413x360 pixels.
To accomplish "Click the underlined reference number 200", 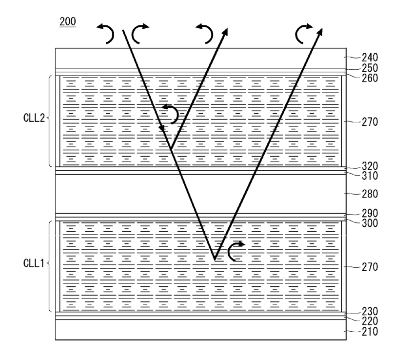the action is pyautogui.click(x=68, y=21).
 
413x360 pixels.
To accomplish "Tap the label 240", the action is pyautogui.click(x=370, y=58).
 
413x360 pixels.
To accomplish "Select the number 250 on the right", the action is pyautogui.click(x=370, y=68).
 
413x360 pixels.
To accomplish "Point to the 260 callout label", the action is pyautogui.click(x=370, y=78).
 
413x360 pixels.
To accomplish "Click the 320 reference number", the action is pyautogui.click(x=370, y=166).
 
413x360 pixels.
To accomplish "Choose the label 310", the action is pyautogui.click(x=370, y=176).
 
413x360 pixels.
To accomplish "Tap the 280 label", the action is pyautogui.click(x=370, y=194).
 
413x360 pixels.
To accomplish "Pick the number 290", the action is pyautogui.click(x=370, y=213).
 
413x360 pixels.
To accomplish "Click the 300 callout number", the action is pyautogui.click(x=370, y=223).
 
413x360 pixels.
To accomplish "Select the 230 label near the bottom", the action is pyautogui.click(x=370, y=312).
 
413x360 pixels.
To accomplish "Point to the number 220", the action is pyautogui.click(x=370, y=321).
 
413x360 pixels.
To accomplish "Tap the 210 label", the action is pyautogui.click(x=370, y=332).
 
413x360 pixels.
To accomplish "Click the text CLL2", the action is pyautogui.click(x=34, y=118).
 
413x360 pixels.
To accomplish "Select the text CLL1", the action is pyautogui.click(x=34, y=263).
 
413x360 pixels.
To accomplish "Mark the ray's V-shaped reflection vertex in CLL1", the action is pyautogui.click(x=215, y=260).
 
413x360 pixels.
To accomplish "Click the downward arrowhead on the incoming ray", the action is pyautogui.click(x=162, y=128).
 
